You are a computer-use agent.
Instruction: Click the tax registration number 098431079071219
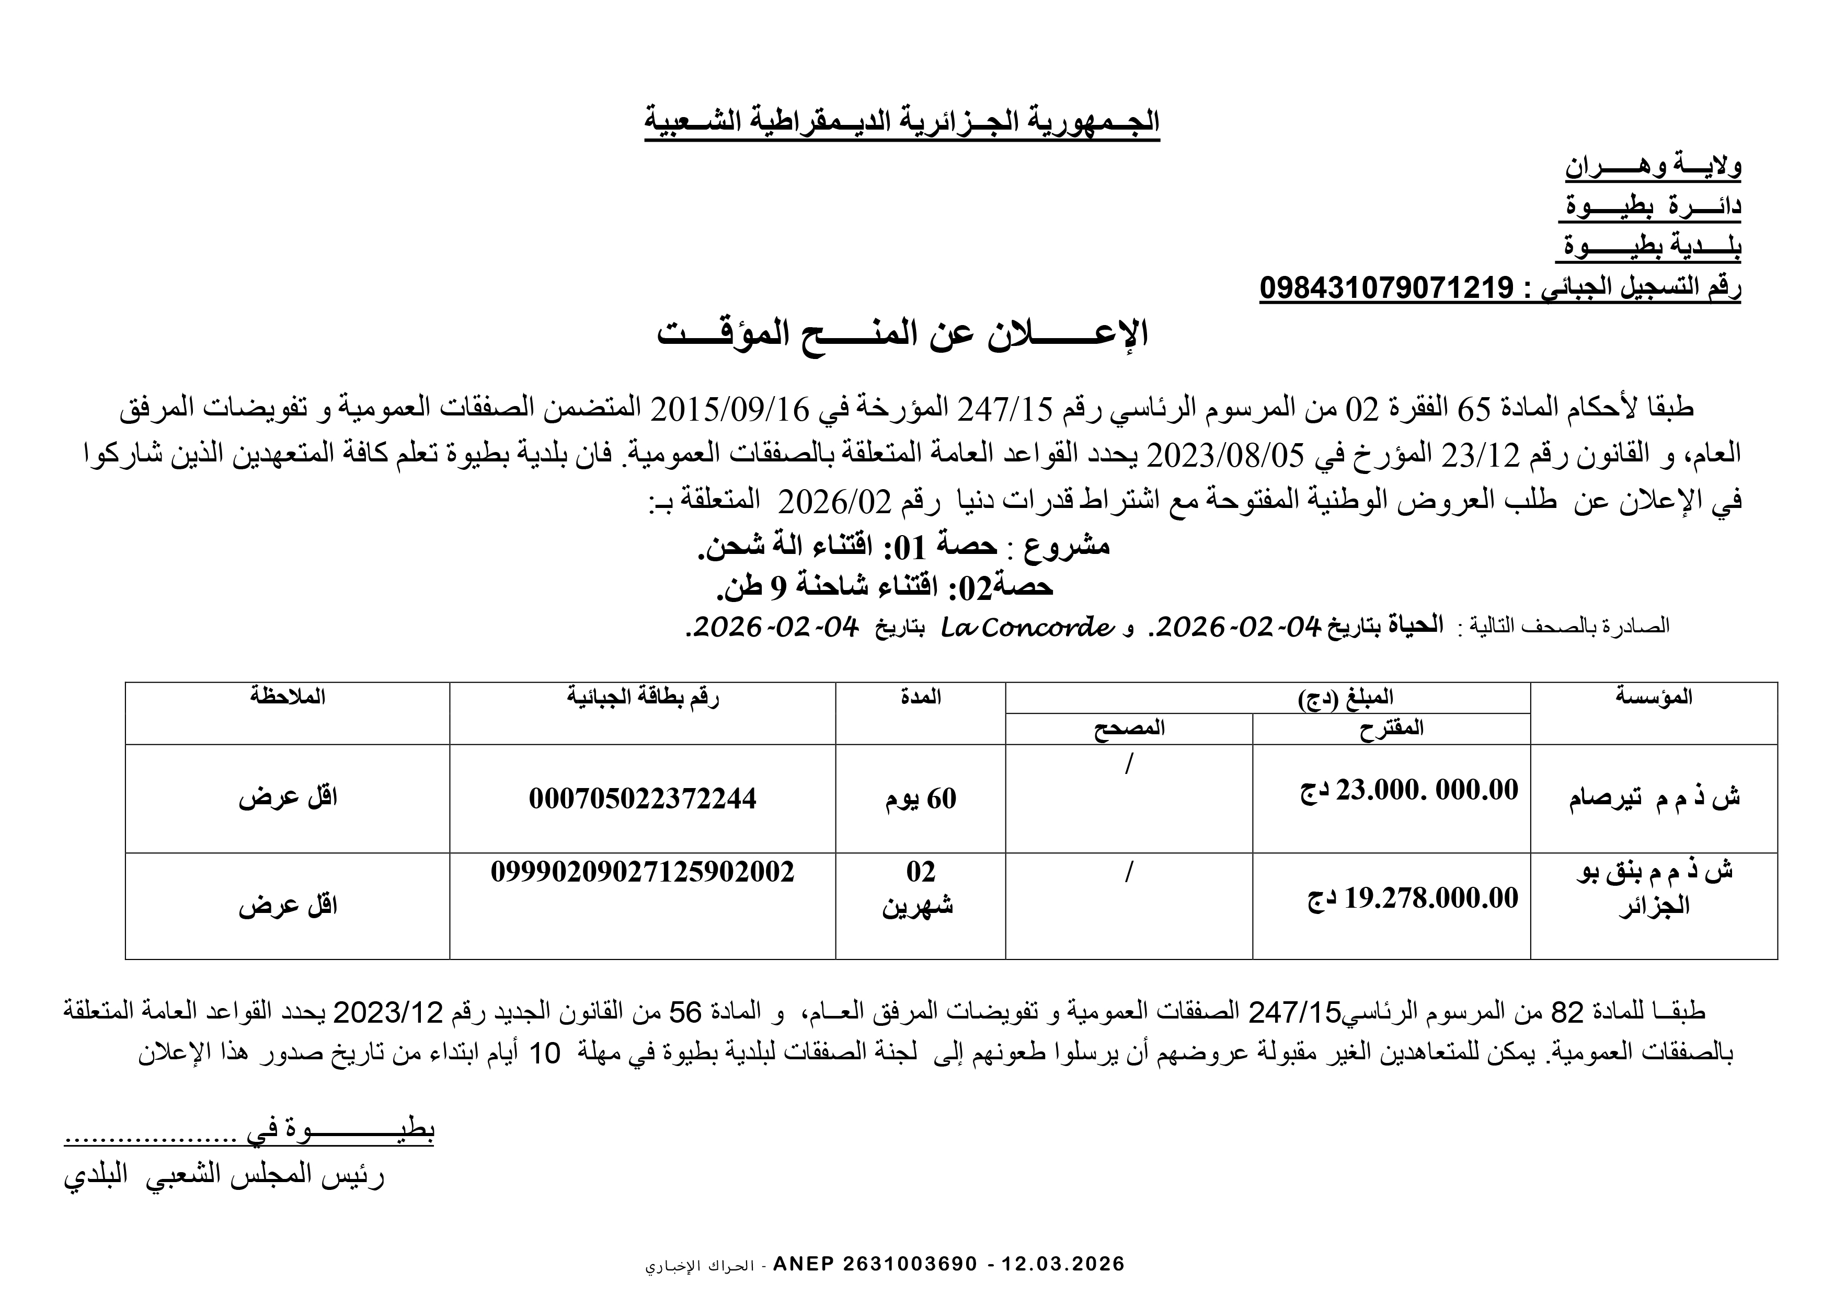(x=1386, y=287)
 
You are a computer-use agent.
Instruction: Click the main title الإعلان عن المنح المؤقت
(x=902, y=334)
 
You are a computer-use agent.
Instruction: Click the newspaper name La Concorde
(x=1026, y=627)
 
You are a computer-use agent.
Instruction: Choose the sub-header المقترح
(x=1392, y=728)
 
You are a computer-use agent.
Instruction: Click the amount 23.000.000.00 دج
(x=1409, y=791)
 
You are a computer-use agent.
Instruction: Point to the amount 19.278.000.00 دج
(x=1412, y=898)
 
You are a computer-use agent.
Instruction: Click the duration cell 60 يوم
(x=920, y=799)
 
